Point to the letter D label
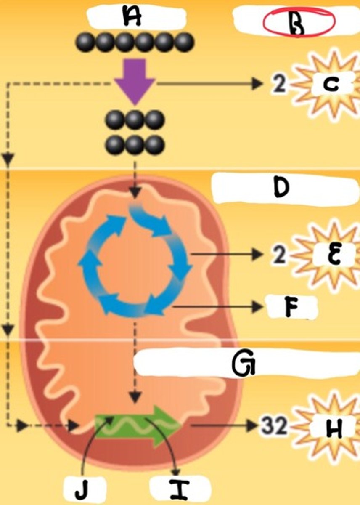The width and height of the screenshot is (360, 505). click(281, 188)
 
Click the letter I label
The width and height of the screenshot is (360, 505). click(178, 489)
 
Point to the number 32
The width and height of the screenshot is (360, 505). click(273, 427)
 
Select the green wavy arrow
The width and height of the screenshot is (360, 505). click(138, 426)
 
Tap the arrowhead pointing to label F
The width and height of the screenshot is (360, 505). click(257, 308)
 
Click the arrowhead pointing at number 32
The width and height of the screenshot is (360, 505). click(252, 426)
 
